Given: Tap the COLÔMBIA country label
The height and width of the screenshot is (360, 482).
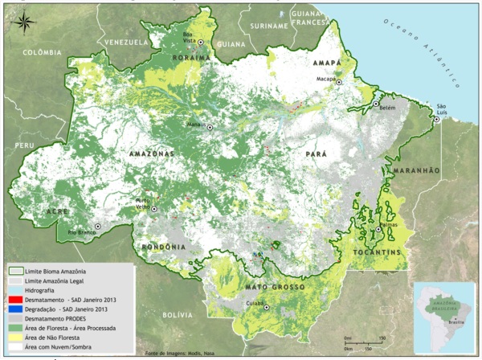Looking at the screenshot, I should point(43,52).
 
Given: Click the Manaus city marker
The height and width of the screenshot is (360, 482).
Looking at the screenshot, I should point(210,127).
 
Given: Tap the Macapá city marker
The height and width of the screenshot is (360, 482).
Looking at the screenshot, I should point(339,82).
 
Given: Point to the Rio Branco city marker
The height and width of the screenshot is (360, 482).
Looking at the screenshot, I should point(98,227).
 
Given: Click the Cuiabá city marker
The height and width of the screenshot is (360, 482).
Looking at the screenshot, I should point(267,307).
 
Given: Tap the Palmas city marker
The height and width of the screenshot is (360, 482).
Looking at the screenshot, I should point(378,230).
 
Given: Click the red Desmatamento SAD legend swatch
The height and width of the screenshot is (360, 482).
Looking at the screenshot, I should point(16,298).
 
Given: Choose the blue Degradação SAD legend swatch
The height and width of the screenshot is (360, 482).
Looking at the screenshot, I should point(16,309).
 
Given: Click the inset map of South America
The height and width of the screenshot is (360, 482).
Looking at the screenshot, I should point(444,314).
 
